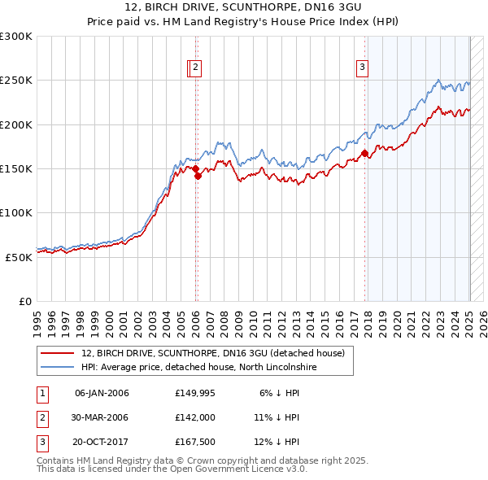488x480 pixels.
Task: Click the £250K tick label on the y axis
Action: [x=16, y=81]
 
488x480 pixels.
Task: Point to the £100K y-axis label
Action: [x=16, y=212]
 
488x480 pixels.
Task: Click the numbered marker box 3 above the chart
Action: [x=362, y=69]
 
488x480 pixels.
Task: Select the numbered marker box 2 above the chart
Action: [x=197, y=69]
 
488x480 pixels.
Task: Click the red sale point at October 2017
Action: [x=364, y=153]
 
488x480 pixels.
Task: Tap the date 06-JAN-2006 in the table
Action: [x=102, y=393]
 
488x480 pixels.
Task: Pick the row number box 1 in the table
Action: [x=42, y=393]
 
